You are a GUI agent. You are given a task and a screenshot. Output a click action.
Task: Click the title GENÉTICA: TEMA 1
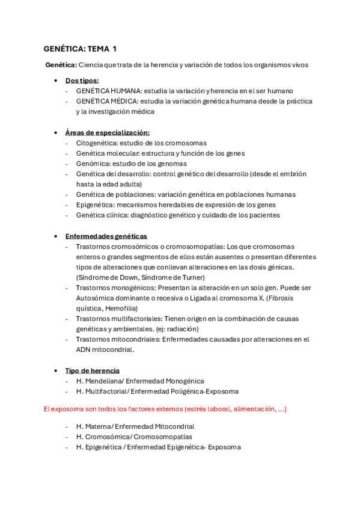[x=80, y=49]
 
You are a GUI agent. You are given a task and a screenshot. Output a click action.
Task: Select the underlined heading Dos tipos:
[x=82, y=81]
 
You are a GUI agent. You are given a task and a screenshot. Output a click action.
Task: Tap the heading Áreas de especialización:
[x=107, y=132]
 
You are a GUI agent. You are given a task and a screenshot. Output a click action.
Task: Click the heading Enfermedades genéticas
[x=106, y=236]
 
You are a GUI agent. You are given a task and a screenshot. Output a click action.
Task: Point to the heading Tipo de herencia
[x=92, y=370]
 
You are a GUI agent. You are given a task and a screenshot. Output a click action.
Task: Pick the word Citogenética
[x=96, y=143]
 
